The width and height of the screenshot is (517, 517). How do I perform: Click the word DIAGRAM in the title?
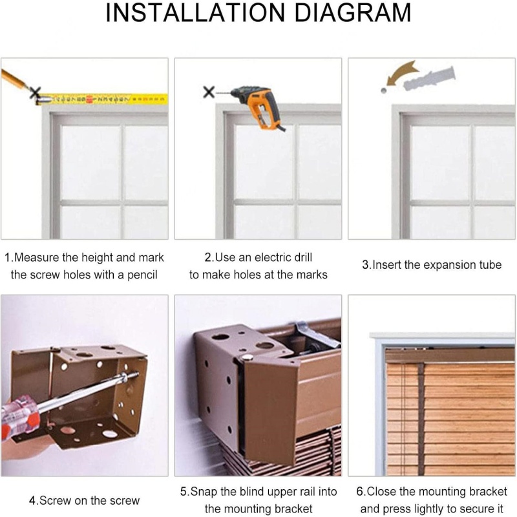tap(352, 13)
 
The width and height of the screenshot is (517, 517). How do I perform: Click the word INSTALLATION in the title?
tap(195, 13)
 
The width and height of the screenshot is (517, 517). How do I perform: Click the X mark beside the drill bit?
tap(209, 92)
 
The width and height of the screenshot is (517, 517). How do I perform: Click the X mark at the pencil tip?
tap(36, 92)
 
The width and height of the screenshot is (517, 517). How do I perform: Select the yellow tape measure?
tap(102, 99)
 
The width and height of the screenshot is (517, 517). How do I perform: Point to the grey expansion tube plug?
tap(429, 79)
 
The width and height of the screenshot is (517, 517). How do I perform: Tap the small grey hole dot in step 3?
tap(383, 90)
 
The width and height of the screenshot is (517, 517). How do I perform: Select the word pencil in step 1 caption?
tap(142, 275)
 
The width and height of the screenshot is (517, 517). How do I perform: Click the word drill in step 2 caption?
tap(302, 257)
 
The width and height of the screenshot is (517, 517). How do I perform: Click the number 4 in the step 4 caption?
tap(32, 500)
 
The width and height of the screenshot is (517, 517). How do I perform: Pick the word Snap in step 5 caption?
tap(204, 491)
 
